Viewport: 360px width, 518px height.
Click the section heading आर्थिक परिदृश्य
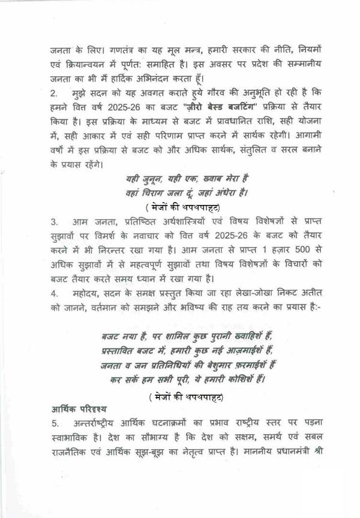79,409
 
